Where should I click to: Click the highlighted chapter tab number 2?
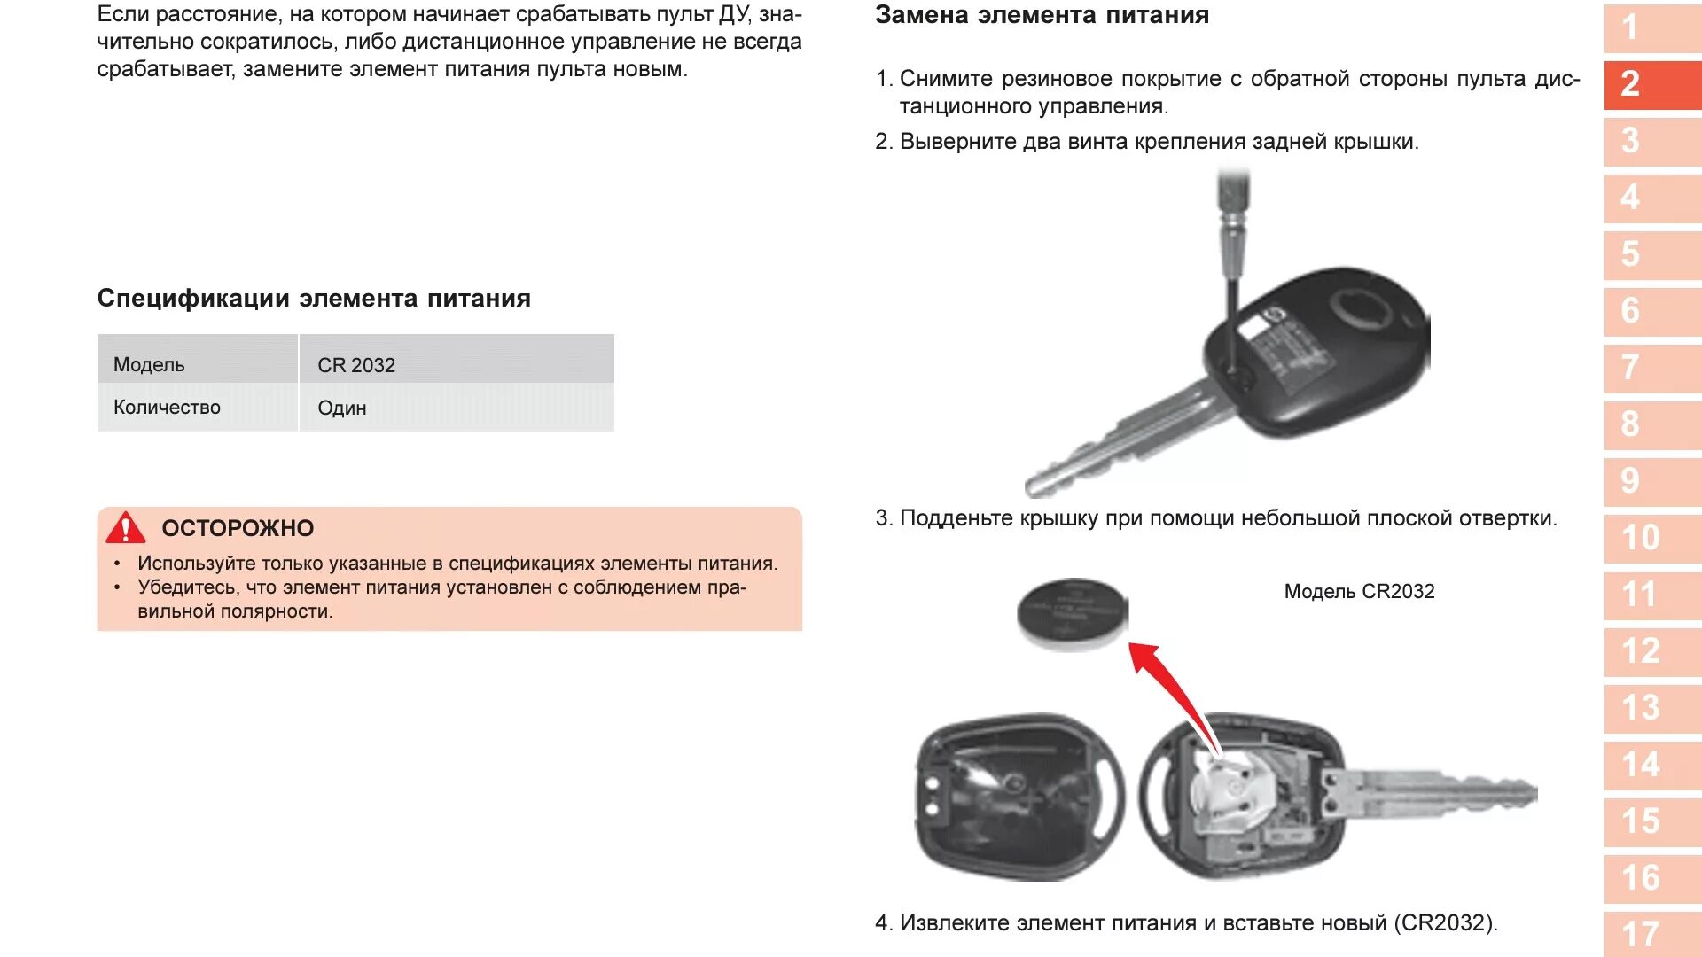[x=1652, y=84]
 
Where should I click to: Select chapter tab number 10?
[x=1652, y=538]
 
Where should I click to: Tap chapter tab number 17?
[x=1652, y=934]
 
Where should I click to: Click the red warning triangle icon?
[x=125, y=527]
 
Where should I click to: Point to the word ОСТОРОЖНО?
[x=238, y=528]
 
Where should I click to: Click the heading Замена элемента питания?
[x=1042, y=15]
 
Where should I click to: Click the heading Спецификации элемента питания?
[x=314, y=299]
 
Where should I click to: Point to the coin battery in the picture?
[x=1072, y=613]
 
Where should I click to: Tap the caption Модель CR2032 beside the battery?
[x=1359, y=591]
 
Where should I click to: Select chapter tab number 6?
[x=1652, y=311]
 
